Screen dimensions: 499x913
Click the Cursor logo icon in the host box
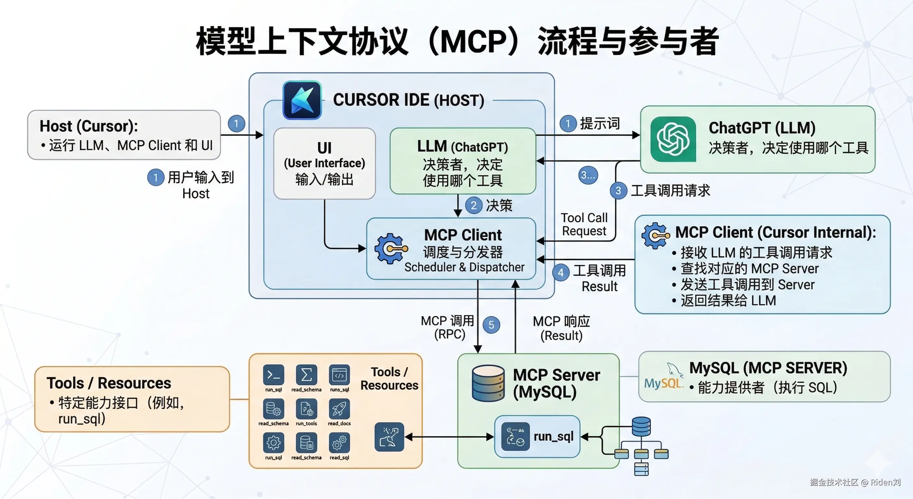pyautogui.click(x=302, y=100)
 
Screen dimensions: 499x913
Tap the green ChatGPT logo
pyautogui.click(x=673, y=139)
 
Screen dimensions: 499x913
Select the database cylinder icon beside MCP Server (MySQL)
pyautogui.click(x=488, y=383)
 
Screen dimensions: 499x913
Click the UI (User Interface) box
pyautogui.click(x=324, y=164)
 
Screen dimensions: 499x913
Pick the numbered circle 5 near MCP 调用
pyautogui.click(x=491, y=325)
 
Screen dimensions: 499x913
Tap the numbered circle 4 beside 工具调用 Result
pyautogui.click(x=561, y=272)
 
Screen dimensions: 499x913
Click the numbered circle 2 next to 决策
pyautogui.click(x=474, y=205)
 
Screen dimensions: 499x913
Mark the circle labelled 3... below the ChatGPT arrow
pyautogui.click(x=588, y=175)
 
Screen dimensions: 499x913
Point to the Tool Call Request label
pyautogui.click(x=584, y=224)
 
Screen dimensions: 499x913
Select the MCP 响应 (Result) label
pyautogui.click(x=562, y=328)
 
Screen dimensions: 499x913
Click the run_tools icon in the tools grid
pyautogui.click(x=307, y=409)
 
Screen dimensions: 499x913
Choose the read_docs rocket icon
pyautogui.click(x=339, y=409)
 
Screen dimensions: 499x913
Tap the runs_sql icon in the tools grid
pyautogui.click(x=339, y=375)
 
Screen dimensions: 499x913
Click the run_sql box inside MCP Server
pyautogui.click(x=537, y=437)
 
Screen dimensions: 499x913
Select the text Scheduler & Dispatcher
pyautogui.click(x=464, y=267)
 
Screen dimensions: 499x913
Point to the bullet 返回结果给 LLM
pyautogui.click(x=728, y=301)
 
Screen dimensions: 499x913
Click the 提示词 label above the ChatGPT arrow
pyautogui.click(x=600, y=124)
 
